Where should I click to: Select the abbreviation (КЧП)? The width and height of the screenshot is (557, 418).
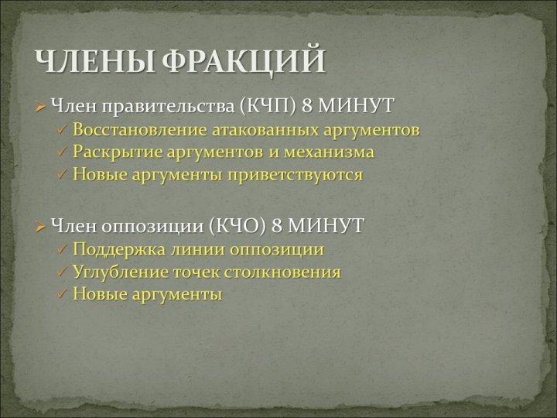pyautogui.click(x=268, y=105)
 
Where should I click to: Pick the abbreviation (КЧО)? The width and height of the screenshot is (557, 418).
pyautogui.click(x=237, y=225)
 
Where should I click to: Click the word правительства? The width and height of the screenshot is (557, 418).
pyautogui.click(x=168, y=106)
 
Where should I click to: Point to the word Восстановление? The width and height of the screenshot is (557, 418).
pyautogui.click(x=139, y=129)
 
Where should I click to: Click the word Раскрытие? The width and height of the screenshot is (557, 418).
pyautogui.click(x=118, y=152)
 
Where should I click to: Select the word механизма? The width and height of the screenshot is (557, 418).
pyautogui.click(x=329, y=152)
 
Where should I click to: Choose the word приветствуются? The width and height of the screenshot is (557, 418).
pyautogui.click(x=296, y=175)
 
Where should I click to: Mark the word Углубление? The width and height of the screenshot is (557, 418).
pyautogui.click(x=121, y=272)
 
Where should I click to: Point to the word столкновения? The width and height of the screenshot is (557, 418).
pyautogui.click(x=282, y=272)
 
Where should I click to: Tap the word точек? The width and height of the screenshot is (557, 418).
pyautogui.click(x=196, y=272)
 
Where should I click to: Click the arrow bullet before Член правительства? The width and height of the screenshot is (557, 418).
pyautogui.click(x=40, y=106)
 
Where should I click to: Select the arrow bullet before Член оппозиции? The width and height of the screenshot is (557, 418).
pyautogui.click(x=40, y=226)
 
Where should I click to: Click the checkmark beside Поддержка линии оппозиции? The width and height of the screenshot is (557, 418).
pyautogui.click(x=62, y=249)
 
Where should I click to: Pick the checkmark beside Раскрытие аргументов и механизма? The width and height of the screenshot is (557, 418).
pyautogui.click(x=62, y=152)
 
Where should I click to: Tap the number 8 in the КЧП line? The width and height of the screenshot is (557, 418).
pyautogui.click(x=307, y=105)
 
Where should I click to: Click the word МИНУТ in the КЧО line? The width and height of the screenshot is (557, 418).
pyautogui.click(x=326, y=225)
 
